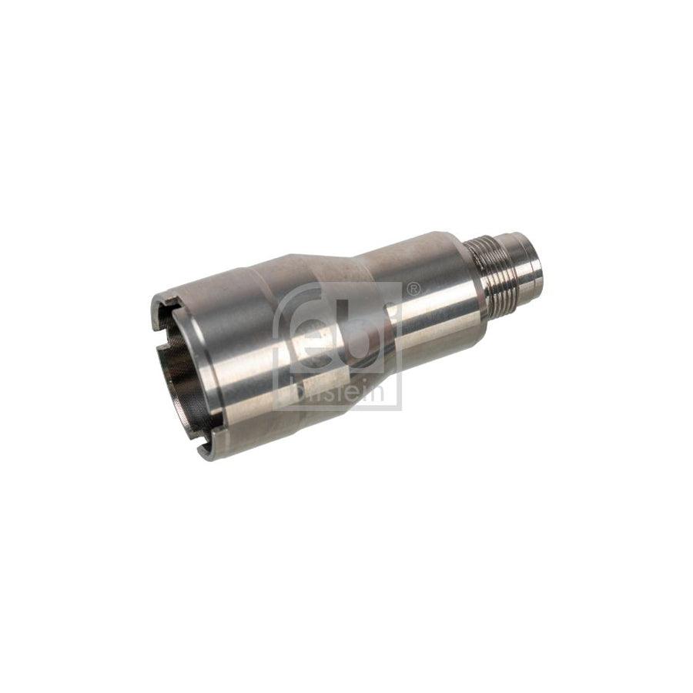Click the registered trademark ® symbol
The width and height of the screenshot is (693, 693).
(x=413, y=290)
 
